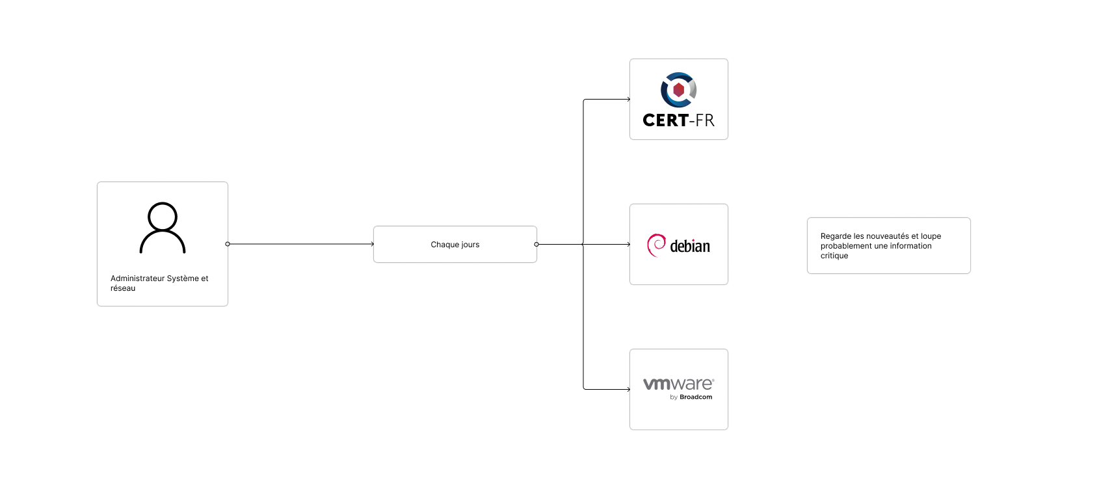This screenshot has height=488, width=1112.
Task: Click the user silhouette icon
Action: (x=163, y=228)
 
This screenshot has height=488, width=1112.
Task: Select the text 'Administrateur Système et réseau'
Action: (x=159, y=283)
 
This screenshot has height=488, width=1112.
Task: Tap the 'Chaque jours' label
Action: (x=455, y=245)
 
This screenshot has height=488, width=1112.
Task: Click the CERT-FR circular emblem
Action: (x=678, y=90)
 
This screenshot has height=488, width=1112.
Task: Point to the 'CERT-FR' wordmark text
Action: (x=678, y=120)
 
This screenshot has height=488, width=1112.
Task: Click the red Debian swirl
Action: (x=656, y=245)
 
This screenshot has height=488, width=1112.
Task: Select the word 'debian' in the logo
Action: (x=690, y=247)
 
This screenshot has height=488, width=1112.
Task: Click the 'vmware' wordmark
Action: (x=678, y=384)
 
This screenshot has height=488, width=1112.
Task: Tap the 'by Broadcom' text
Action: (x=691, y=397)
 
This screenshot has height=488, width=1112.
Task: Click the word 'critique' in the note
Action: (x=834, y=256)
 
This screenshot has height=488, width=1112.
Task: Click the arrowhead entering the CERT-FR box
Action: (x=628, y=100)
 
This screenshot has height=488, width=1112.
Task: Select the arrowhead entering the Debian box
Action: (x=628, y=245)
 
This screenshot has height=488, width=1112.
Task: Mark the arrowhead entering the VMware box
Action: (x=628, y=390)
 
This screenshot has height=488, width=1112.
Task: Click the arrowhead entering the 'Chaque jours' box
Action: (x=371, y=244)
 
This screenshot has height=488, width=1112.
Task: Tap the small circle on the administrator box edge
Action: (x=228, y=244)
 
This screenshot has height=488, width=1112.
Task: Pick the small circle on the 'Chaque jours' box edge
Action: (x=536, y=245)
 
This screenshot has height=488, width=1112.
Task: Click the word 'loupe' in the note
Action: (x=931, y=236)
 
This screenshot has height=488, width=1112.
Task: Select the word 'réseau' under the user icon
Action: (x=123, y=288)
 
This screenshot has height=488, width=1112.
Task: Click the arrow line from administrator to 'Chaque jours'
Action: (x=299, y=244)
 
